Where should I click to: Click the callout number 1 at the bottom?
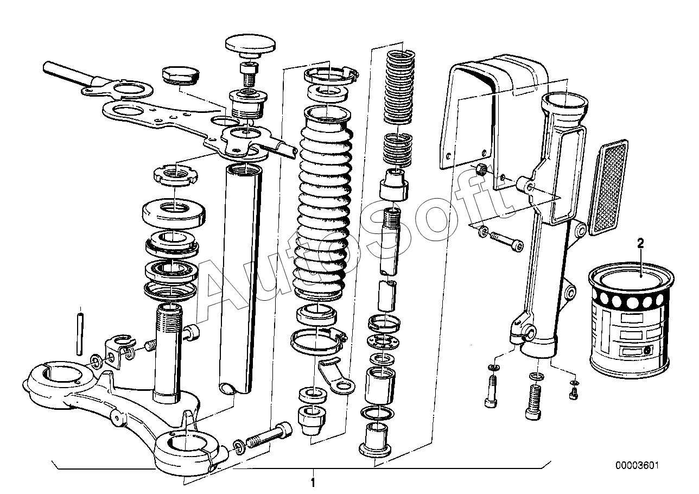point(313,482)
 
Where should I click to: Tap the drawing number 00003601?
point(637,466)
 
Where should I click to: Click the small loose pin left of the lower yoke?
point(80,331)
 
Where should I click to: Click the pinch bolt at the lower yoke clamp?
point(270,435)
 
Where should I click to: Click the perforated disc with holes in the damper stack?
point(384,341)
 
